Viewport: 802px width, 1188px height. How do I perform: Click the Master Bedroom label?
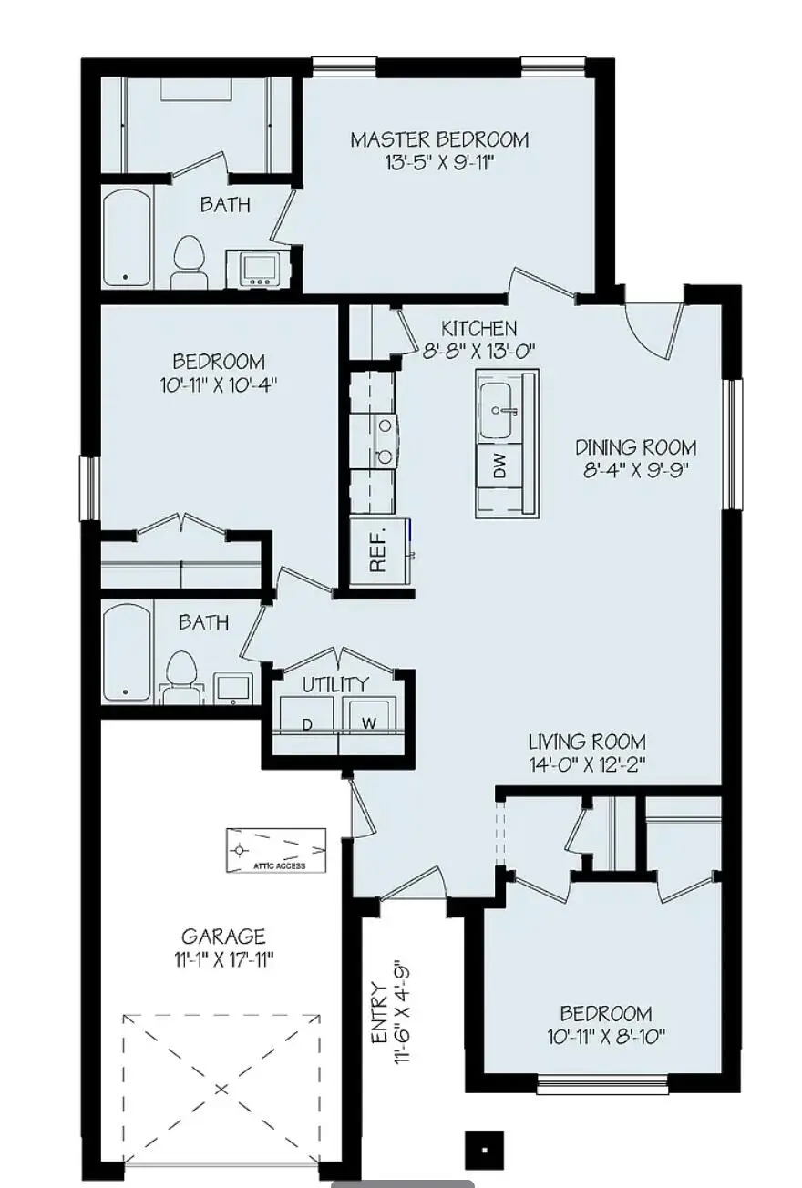click(x=439, y=139)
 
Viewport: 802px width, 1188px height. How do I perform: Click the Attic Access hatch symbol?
click(x=276, y=849)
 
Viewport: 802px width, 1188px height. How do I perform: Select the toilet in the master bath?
click(x=190, y=255)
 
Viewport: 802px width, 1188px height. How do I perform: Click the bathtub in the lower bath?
click(x=126, y=654)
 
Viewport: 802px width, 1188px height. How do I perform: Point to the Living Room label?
click(x=587, y=742)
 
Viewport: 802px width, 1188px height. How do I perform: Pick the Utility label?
click(x=335, y=684)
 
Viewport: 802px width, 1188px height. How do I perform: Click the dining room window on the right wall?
click(x=731, y=443)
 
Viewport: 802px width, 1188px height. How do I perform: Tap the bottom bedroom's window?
click(x=577, y=1084)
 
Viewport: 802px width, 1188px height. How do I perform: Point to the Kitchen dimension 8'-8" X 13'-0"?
click(x=478, y=350)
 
